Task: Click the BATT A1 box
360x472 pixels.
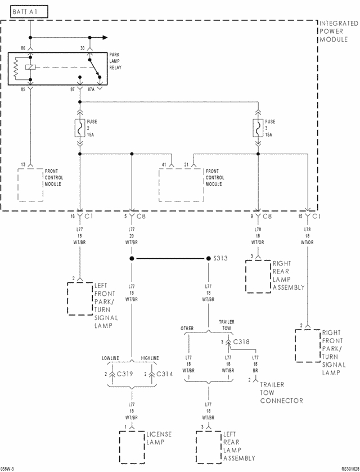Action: [x=29, y=12]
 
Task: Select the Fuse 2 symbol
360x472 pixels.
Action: [x=80, y=128]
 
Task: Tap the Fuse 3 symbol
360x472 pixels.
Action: [x=258, y=128]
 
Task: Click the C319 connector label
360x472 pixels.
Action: [x=125, y=374]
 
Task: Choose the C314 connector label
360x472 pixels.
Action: [x=164, y=374]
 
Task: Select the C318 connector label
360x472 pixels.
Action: [x=241, y=341]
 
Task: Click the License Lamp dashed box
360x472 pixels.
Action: [x=132, y=447]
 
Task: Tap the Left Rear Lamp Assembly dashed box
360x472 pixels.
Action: [x=209, y=447]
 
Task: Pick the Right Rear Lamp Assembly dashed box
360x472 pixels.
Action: [x=258, y=277]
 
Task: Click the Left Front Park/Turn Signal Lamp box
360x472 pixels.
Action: [x=80, y=299]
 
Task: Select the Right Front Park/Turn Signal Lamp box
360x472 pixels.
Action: [x=308, y=346]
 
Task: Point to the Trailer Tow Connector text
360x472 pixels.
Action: [x=281, y=393]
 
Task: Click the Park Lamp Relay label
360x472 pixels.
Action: [x=115, y=61]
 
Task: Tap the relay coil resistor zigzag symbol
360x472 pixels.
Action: [x=16, y=68]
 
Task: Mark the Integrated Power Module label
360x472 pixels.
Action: [x=339, y=32]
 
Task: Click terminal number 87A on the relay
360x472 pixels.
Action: [x=91, y=89]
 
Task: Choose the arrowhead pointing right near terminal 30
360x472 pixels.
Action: [x=105, y=38]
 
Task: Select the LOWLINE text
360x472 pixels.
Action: [x=110, y=358]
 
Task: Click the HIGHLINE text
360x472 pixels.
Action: [x=150, y=358]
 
